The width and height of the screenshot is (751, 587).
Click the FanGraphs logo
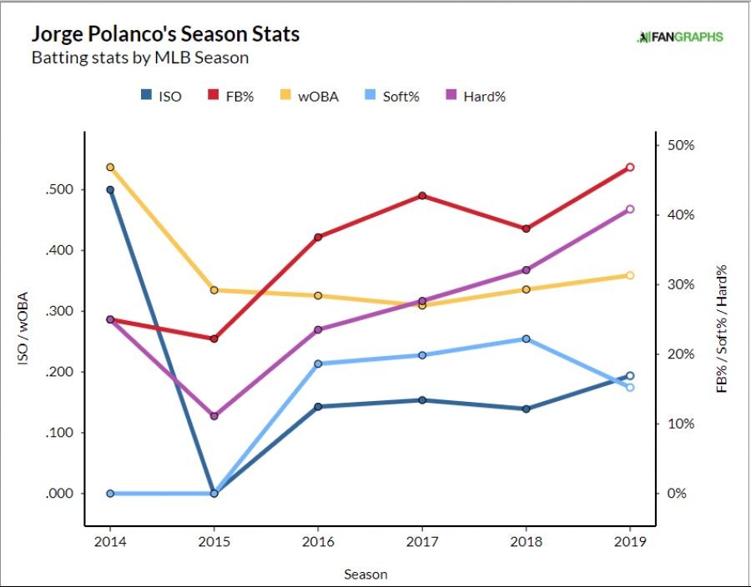(680, 37)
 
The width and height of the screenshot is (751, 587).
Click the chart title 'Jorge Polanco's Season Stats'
(165, 35)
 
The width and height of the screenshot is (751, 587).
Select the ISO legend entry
(161, 96)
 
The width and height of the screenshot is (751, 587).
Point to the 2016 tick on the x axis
(319, 542)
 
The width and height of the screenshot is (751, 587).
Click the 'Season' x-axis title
(365, 574)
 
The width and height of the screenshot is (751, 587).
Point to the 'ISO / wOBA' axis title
(24, 329)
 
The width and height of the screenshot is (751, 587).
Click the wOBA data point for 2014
(110, 168)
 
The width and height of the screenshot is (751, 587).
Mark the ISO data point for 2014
(110, 190)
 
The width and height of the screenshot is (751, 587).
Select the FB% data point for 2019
(631, 168)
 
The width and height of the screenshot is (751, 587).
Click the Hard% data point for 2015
(214, 416)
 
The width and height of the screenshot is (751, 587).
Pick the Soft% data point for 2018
(527, 339)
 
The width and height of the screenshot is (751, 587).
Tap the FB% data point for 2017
(422, 196)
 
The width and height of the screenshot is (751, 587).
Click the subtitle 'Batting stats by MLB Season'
(139, 58)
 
